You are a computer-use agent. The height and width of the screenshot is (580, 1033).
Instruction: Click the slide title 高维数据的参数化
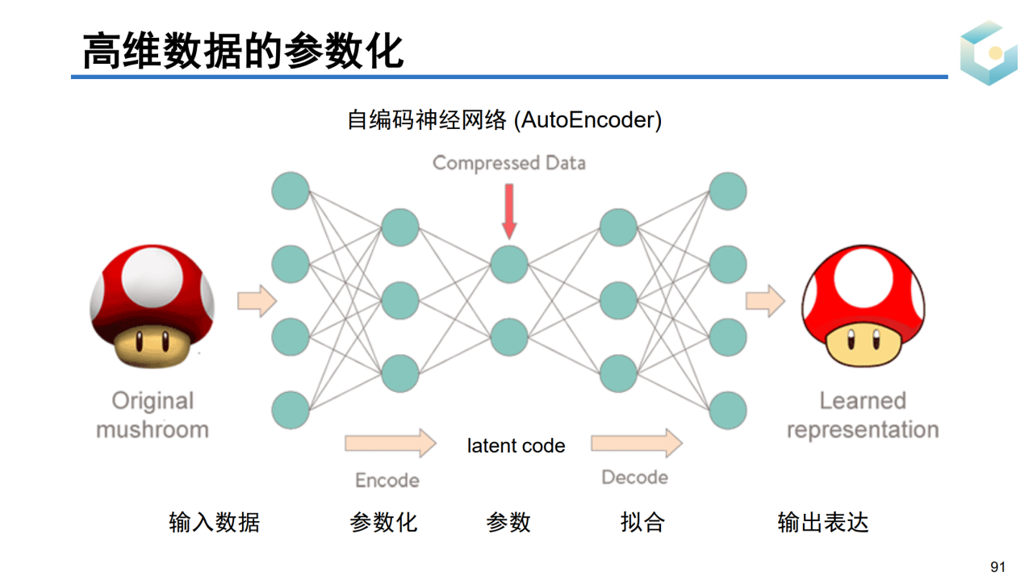(x=243, y=51)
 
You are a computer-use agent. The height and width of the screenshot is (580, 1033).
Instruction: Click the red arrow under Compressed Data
(x=508, y=211)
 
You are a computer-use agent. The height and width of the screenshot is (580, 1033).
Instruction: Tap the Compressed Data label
(x=508, y=163)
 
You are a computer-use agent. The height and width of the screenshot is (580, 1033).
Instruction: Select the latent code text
(x=516, y=446)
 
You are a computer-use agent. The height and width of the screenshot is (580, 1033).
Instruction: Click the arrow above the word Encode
(x=390, y=443)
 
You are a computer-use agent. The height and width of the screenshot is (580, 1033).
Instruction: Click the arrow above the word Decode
(x=636, y=442)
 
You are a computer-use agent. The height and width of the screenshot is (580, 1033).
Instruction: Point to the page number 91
(x=998, y=567)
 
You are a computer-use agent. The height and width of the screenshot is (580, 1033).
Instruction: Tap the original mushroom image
(x=152, y=307)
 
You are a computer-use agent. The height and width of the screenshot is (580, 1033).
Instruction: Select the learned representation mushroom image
(x=863, y=307)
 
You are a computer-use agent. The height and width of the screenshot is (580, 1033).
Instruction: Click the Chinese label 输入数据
(x=214, y=522)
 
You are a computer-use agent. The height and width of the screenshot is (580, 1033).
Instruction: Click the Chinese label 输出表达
(x=822, y=522)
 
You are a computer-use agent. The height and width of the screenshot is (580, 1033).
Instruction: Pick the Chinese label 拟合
(x=642, y=522)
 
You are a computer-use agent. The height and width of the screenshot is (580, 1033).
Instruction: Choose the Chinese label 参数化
(x=383, y=522)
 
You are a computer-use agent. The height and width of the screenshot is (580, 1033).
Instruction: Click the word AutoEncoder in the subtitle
(x=591, y=120)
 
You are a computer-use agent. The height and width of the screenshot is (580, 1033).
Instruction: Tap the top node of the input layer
(x=291, y=191)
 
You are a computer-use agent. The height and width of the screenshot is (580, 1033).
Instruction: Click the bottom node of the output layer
(x=727, y=411)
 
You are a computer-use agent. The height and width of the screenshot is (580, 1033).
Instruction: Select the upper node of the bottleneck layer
(x=509, y=264)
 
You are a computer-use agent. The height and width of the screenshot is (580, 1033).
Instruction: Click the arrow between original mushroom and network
(x=257, y=301)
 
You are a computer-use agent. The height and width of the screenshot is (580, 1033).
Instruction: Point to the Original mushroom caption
(x=153, y=415)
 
